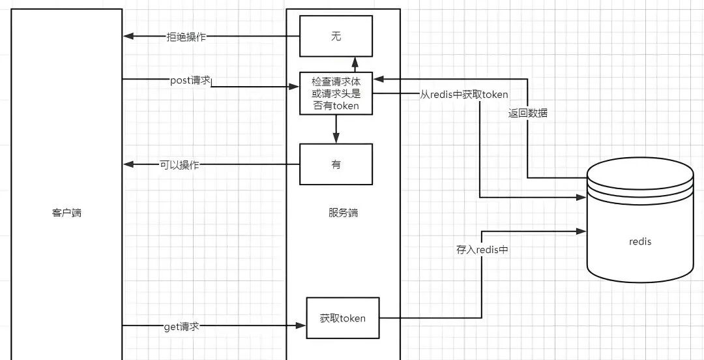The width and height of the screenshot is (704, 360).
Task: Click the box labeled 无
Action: click(336, 37)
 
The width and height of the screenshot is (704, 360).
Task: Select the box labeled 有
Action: click(336, 165)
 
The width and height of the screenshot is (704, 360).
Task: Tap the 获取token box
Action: click(342, 318)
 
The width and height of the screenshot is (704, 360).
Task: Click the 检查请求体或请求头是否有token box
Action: click(336, 93)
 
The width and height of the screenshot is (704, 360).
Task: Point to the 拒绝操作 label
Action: click(186, 37)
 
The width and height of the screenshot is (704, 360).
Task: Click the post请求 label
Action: click(190, 80)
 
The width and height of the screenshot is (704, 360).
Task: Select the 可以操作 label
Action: click(179, 165)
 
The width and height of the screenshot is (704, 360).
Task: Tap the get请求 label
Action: click(181, 325)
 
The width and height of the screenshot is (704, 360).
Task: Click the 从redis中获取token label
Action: click(464, 95)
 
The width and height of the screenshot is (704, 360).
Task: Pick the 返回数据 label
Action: click(528, 113)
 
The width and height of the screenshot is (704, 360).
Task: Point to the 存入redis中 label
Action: click(482, 249)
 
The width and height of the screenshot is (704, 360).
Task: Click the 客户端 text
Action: click(66, 213)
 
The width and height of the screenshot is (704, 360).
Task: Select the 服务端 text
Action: click(343, 213)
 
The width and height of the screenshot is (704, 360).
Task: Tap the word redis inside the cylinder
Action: click(640, 241)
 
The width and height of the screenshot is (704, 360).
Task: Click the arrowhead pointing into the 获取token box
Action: click(302, 325)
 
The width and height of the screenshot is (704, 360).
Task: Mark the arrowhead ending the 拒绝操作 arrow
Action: click(128, 37)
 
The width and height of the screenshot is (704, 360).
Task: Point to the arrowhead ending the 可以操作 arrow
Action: click(128, 165)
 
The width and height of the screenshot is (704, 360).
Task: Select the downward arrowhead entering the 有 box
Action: click(336, 139)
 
